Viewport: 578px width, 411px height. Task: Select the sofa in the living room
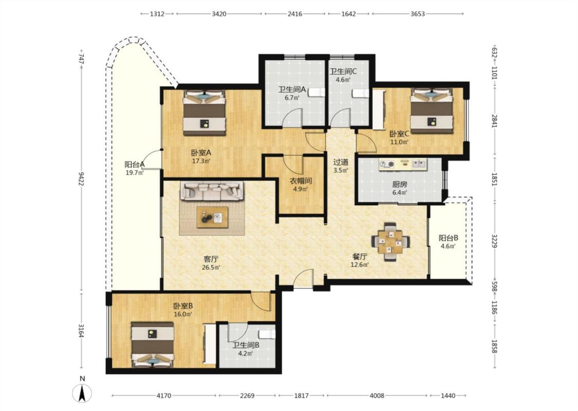[x=212, y=191]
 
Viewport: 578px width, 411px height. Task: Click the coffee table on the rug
[x=212, y=217]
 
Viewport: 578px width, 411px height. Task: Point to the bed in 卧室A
[x=204, y=112]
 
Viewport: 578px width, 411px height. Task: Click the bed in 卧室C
[x=432, y=110]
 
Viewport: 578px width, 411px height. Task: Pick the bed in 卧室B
[x=153, y=345]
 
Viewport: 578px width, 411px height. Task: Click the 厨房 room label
[x=400, y=184]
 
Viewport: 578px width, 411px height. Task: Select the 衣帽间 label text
[x=301, y=181]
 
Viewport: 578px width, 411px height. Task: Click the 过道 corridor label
[x=341, y=162]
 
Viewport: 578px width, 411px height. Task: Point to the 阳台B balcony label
[x=448, y=238]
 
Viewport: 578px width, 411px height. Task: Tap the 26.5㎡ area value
[x=211, y=268]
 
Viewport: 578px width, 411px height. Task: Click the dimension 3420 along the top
[x=219, y=14]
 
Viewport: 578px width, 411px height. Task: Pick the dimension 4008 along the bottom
[x=377, y=396]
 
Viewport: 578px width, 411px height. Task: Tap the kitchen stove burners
[x=387, y=164]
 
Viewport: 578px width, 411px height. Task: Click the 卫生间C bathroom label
[x=343, y=72]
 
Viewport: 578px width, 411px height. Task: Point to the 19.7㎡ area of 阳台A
[x=135, y=172]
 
